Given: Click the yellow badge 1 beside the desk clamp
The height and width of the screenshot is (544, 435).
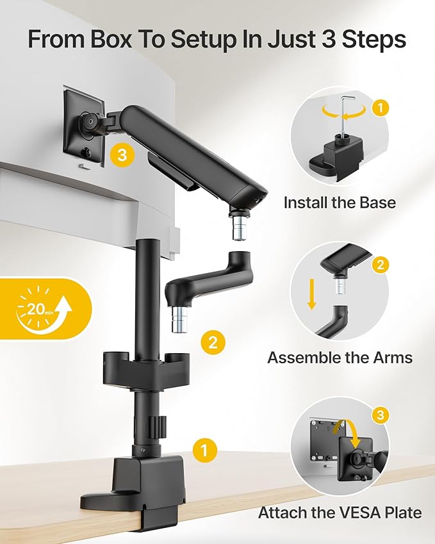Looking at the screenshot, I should click(203, 449).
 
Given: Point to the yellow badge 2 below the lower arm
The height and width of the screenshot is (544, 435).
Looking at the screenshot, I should click(213, 342).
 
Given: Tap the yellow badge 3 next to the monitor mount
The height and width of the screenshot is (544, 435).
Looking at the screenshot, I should click(122, 155).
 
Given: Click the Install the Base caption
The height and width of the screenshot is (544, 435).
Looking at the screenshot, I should click(340, 202).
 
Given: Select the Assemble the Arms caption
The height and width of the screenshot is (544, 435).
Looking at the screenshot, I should click(340, 357).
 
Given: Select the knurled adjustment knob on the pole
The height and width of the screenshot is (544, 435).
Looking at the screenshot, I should click(159, 424).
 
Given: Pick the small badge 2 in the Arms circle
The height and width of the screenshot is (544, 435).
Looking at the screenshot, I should click(379, 263).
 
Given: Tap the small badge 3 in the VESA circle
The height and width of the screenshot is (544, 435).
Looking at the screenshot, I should click(379, 416).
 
